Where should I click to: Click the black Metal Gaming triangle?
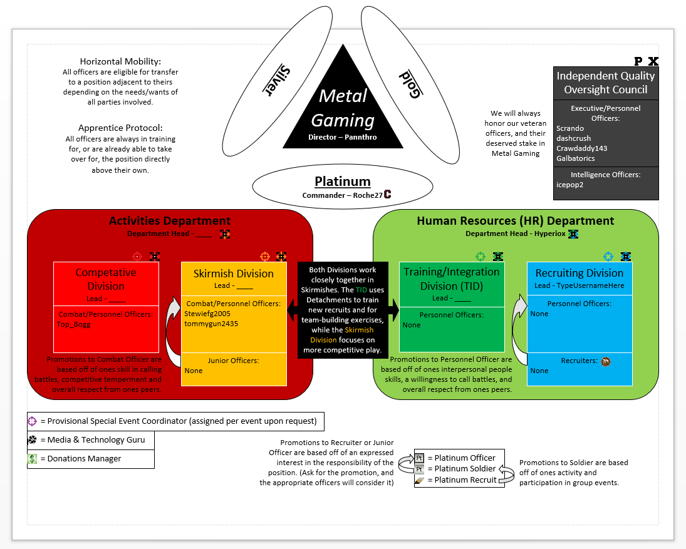(x=343, y=110)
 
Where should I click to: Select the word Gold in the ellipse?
(x=408, y=84)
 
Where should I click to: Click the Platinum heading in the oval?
(x=342, y=182)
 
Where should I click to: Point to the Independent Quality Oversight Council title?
(x=605, y=83)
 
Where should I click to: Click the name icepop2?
(x=569, y=185)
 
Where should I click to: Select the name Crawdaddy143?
(x=581, y=148)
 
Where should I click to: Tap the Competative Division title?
(x=106, y=279)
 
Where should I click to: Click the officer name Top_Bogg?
(x=73, y=324)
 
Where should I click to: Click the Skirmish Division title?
(x=234, y=274)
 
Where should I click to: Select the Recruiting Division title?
(x=579, y=273)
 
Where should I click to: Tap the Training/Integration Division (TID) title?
(x=451, y=279)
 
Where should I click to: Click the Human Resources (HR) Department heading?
(x=515, y=220)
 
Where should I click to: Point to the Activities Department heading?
(x=169, y=220)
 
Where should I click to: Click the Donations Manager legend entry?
(x=81, y=459)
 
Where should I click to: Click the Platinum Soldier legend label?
(x=465, y=469)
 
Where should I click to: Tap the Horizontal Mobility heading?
(x=120, y=61)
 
